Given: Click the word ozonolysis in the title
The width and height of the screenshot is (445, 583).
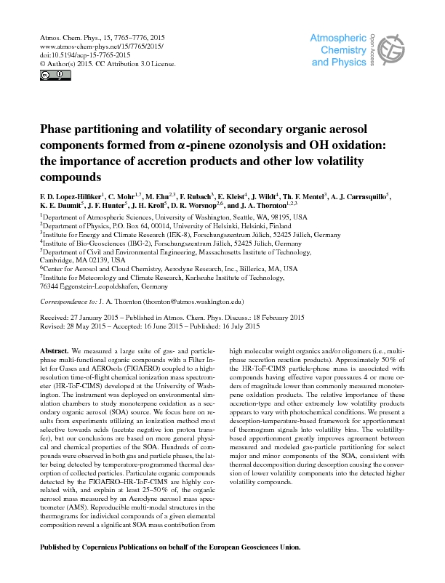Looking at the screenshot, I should point(234,146).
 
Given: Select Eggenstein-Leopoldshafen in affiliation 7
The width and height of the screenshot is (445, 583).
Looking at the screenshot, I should point(89,286).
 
